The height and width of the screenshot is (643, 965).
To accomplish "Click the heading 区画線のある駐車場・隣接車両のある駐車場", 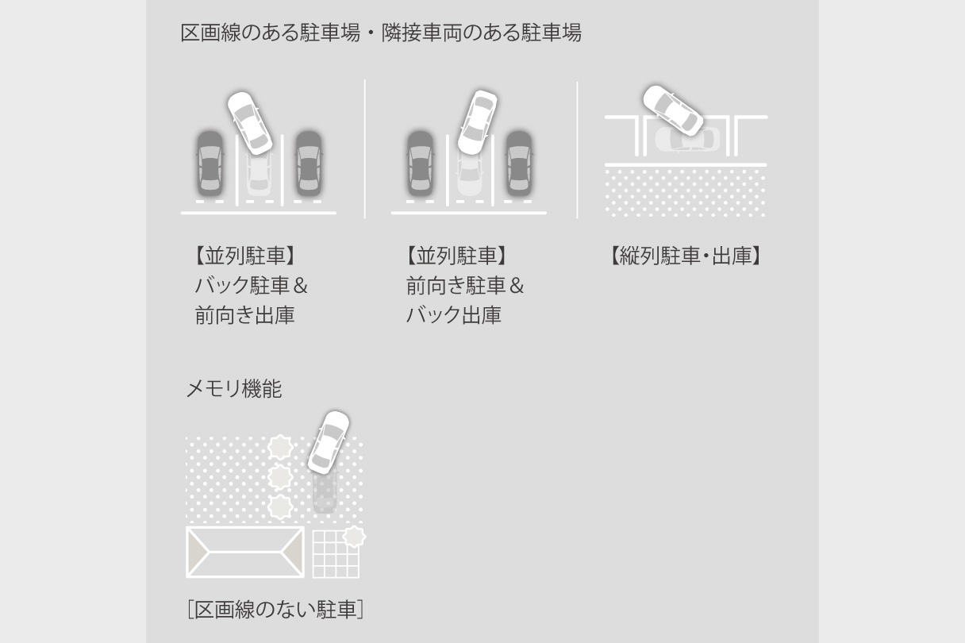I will click(381, 33).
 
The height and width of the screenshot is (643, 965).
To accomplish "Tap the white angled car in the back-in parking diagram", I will click(250, 122).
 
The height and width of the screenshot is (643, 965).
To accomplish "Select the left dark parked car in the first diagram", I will click(210, 163).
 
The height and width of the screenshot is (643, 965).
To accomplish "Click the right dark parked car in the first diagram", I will click(309, 163).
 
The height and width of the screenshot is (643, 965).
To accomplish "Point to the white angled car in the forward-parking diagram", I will click(477, 121).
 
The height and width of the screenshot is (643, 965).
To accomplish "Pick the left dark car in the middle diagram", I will click(420, 163).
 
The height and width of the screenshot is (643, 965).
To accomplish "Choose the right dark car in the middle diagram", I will click(518, 163).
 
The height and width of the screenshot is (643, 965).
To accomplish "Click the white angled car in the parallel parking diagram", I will click(672, 110).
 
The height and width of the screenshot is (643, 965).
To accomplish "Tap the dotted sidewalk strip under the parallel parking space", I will click(686, 192).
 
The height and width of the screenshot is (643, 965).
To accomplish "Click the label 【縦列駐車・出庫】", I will click(686, 256).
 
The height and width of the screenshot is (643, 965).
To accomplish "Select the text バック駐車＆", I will click(251, 285).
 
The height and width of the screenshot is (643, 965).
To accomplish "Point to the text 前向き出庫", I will click(244, 315).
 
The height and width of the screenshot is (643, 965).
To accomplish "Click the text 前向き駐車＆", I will click(465, 285).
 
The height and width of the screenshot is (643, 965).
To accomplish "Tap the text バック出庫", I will click(453, 315).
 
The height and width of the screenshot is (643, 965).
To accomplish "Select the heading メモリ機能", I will click(233, 389).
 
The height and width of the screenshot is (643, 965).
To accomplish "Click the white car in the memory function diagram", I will click(329, 441).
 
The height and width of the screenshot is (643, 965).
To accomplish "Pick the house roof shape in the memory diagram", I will click(245, 552).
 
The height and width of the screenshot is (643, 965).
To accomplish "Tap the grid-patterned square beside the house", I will click(335, 554).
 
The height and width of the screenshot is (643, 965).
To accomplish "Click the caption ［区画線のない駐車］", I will click(275, 610).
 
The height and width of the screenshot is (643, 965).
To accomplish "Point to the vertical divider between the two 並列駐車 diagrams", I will click(365, 148).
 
